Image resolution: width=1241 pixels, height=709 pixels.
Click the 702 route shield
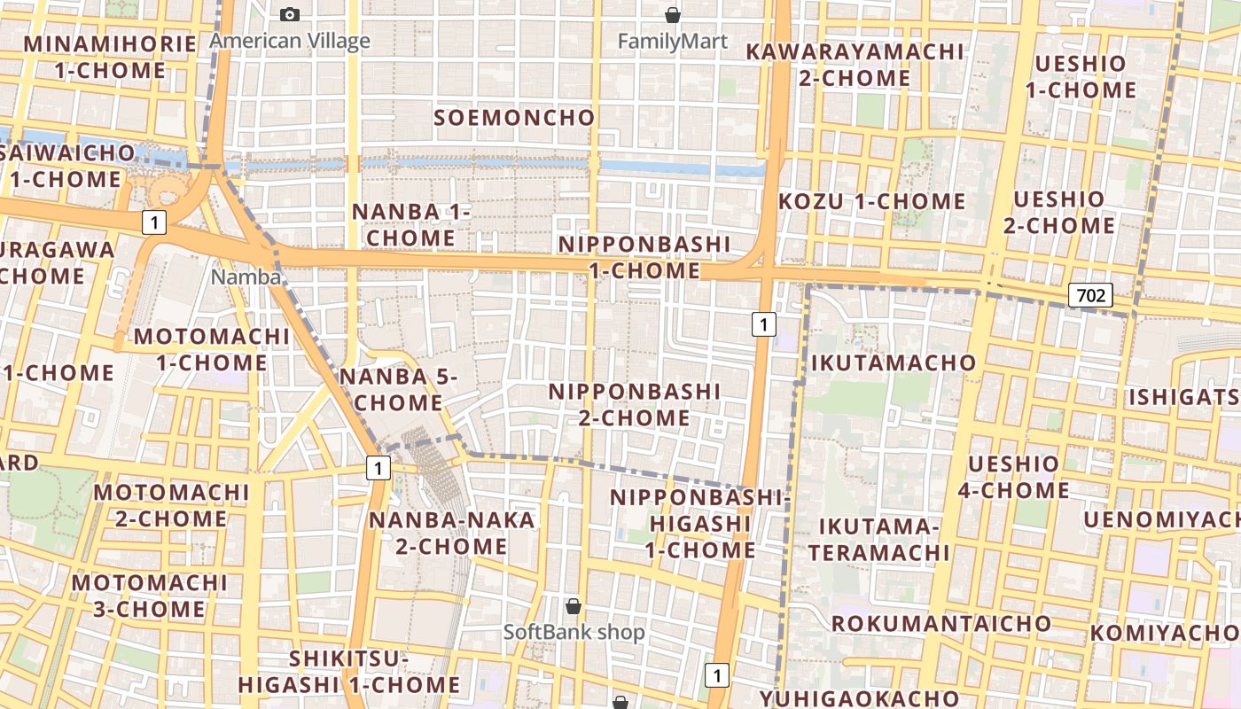[x=1089, y=295]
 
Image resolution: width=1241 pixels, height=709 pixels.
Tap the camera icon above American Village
[x=290, y=14]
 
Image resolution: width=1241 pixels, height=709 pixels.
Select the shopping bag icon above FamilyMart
[x=673, y=15]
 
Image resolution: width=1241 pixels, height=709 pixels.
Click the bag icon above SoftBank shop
[x=574, y=606]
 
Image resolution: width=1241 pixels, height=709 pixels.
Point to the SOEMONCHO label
[x=514, y=117]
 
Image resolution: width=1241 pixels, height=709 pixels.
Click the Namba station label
[x=246, y=277]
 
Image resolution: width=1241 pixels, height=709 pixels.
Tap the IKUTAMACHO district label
[x=893, y=362]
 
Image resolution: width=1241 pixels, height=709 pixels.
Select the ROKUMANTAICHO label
[x=941, y=623]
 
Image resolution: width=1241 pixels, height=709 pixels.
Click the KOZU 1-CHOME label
[x=871, y=201]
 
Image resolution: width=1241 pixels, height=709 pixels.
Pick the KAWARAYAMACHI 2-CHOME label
[x=854, y=65]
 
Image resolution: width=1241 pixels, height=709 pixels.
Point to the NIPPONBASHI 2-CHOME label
[x=635, y=404]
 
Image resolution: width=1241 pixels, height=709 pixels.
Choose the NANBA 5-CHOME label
[x=398, y=390]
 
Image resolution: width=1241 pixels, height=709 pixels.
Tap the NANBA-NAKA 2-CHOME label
[x=452, y=533]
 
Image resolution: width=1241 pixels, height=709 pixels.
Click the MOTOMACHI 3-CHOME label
[x=150, y=596]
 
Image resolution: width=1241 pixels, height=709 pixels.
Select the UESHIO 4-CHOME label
[x=1013, y=477]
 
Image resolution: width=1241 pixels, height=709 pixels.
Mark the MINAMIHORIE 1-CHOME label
[x=110, y=57]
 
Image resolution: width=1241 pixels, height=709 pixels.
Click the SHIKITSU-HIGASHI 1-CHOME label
[x=349, y=672]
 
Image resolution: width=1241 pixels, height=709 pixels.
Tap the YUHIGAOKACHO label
[x=859, y=698]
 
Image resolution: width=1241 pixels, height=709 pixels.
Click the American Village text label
[x=290, y=41]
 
